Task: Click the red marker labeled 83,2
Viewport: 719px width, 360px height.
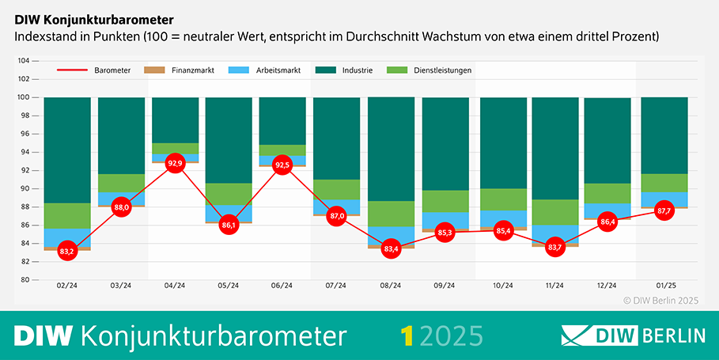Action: click(x=67, y=251)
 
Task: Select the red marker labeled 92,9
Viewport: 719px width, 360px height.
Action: click(x=175, y=163)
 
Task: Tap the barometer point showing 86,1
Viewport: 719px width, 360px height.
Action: click(x=229, y=225)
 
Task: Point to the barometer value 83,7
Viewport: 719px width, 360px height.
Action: click(x=556, y=247)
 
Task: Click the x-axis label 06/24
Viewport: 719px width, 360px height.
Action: click(x=282, y=286)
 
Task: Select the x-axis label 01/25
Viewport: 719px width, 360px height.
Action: click(x=664, y=286)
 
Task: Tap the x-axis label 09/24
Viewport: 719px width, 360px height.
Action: click(x=445, y=286)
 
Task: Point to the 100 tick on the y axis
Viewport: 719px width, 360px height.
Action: click(x=24, y=97)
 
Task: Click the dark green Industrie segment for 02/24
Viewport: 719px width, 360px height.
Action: click(x=67, y=150)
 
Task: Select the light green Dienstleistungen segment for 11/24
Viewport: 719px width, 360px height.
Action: click(x=556, y=212)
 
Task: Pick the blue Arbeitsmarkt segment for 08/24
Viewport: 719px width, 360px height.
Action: click(x=391, y=235)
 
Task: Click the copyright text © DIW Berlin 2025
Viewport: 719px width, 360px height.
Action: click(x=661, y=301)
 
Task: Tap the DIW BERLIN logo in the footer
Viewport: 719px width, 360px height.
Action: click(x=633, y=335)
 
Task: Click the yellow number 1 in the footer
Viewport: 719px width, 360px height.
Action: click(x=407, y=335)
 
